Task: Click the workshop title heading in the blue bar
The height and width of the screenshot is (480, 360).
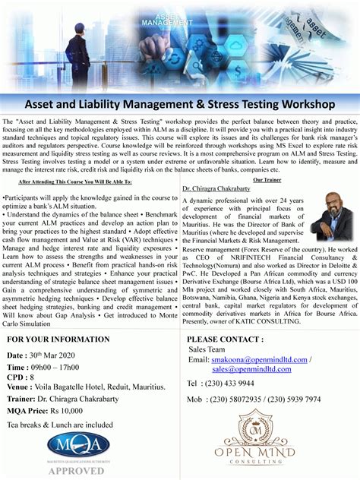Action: [180, 102]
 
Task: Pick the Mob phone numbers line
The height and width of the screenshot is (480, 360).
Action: [254, 399]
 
